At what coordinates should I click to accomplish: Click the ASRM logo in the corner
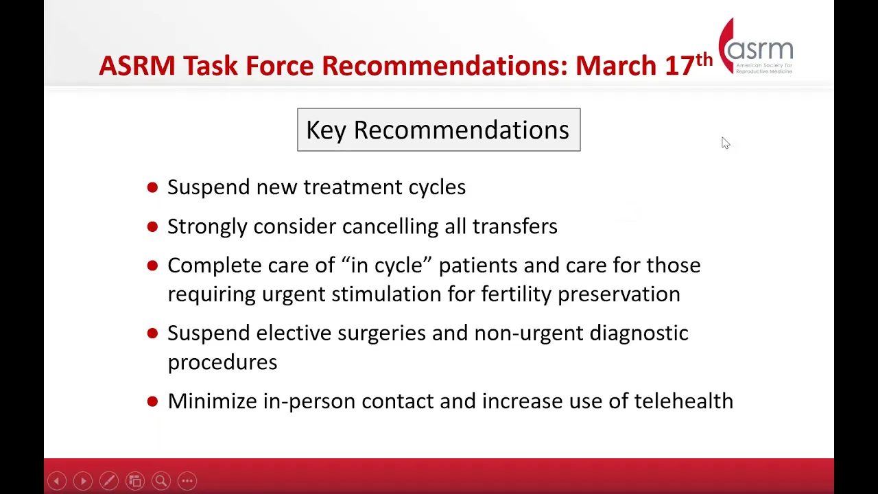[x=756, y=46]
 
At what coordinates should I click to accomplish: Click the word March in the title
[x=616, y=65]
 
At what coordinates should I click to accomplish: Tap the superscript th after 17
[x=704, y=60]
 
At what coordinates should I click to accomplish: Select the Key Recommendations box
[x=438, y=130]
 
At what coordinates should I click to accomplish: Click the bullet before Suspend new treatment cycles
[x=152, y=187]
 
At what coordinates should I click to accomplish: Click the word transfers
[x=514, y=226]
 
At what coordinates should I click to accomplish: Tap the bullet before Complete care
[x=152, y=266]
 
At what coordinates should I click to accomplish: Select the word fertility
[x=517, y=294]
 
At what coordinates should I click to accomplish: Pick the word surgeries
[x=382, y=333]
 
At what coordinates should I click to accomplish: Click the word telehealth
[x=684, y=401]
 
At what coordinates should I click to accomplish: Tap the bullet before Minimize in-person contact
[x=152, y=401]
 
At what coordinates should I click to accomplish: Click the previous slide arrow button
[x=57, y=481]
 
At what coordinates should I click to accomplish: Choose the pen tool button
[x=109, y=481]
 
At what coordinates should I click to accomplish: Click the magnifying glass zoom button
[x=161, y=481]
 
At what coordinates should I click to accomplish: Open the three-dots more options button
[x=187, y=481]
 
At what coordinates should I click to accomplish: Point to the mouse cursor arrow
[x=726, y=143]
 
